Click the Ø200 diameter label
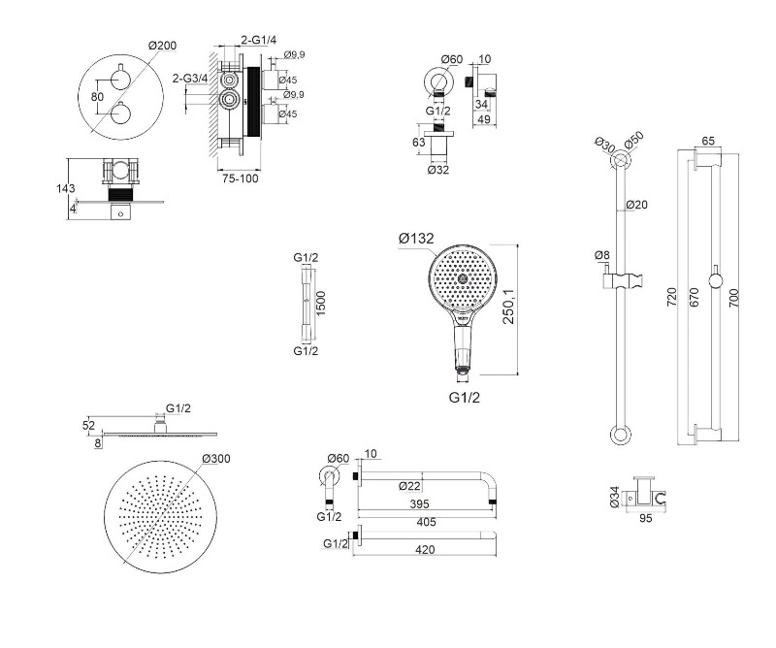point(162,45)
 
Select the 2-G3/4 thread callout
point(189,79)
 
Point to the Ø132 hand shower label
point(415,238)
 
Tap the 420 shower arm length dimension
point(423,550)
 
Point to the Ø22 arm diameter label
point(410,486)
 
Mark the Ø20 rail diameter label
point(636,205)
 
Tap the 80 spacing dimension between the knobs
point(96,97)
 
